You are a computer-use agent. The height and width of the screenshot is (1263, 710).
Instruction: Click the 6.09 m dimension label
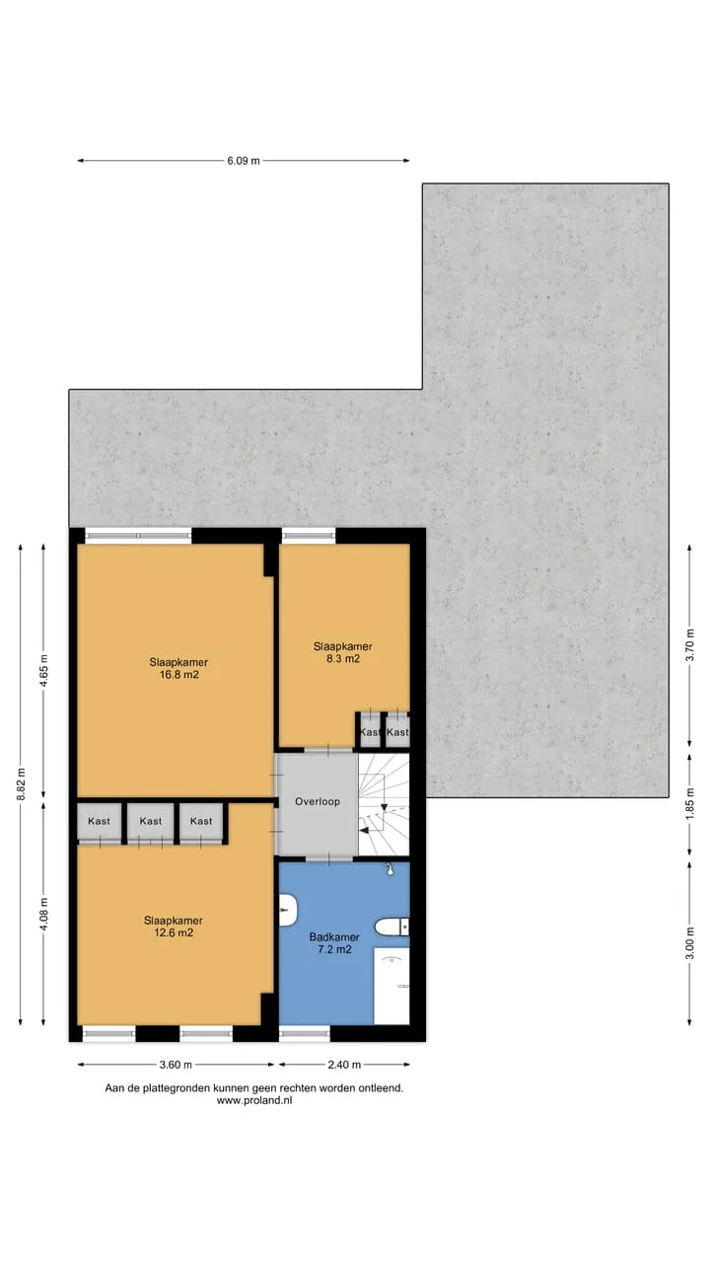[x=244, y=161]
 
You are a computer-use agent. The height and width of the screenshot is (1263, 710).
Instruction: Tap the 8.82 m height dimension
[x=21, y=784]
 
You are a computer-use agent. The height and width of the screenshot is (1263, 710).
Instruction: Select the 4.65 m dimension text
[x=44, y=669]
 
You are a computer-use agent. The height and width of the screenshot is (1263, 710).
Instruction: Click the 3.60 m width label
[x=176, y=1065]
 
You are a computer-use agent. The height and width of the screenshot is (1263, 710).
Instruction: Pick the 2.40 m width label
[x=344, y=1065]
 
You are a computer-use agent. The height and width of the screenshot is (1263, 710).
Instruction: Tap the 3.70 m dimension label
[x=689, y=646]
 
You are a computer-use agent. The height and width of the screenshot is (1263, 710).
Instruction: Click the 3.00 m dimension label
[x=689, y=943]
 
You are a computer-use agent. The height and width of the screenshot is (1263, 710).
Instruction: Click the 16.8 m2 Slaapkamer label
[x=178, y=668]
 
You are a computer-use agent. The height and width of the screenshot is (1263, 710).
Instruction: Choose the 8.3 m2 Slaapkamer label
[x=342, y=652]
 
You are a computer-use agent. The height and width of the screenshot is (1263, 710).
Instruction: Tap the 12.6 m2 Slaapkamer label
[x=173, y=927]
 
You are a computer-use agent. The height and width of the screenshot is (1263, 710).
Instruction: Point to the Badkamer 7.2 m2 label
[x=334, y=942]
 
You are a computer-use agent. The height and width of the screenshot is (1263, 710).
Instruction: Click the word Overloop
[x=318, y=801]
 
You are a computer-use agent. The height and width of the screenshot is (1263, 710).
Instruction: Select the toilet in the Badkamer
[x=392, y=927]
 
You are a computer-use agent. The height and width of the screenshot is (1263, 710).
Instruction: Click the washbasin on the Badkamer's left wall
[x=288, y=910]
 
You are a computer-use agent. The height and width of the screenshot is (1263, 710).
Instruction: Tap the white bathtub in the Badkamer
[x=391, y=986]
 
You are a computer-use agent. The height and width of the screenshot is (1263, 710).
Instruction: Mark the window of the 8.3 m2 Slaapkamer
[x=309, y=536]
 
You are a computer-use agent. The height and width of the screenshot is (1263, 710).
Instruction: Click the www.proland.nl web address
[x=254, y=1100]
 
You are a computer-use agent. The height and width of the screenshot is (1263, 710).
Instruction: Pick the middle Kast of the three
[x=151, y=821]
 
